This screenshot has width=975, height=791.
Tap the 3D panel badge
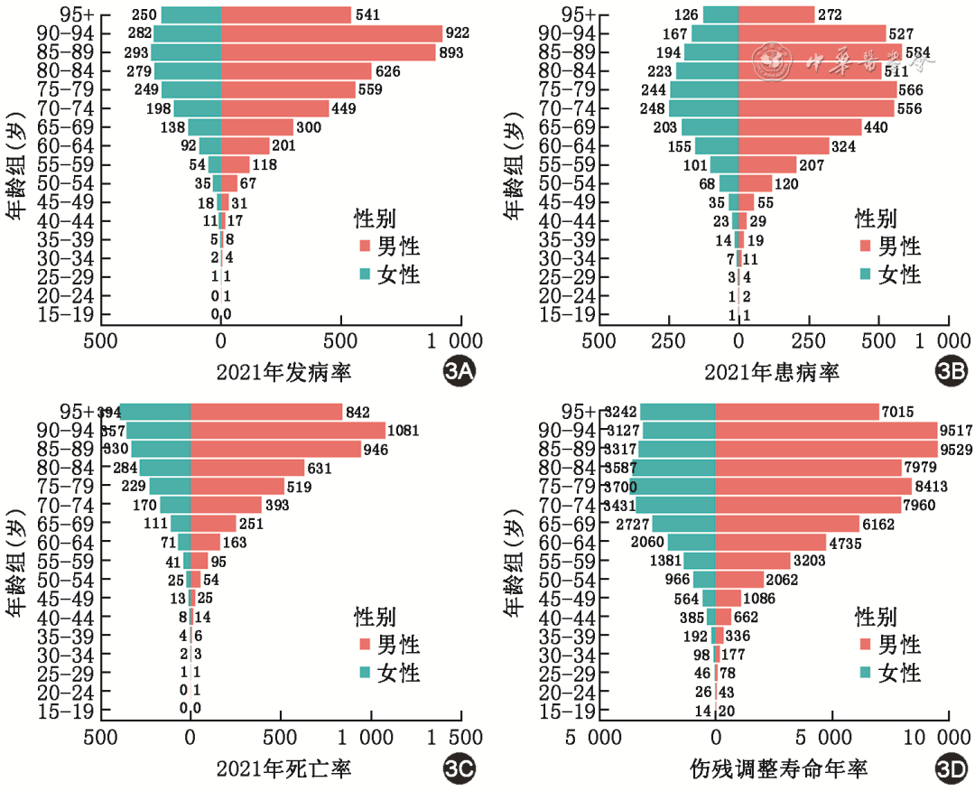(x=951, y=769)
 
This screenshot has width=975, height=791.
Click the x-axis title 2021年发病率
(x=283, y=372)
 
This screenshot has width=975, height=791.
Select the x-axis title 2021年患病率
(x=772, y=372)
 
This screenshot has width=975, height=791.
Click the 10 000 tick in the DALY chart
(x=947, y=737)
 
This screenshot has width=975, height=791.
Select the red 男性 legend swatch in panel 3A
(x=365, y=247)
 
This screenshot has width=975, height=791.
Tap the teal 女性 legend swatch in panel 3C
(x=365, y=673)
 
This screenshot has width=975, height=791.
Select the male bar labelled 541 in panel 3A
(x=285, y=14)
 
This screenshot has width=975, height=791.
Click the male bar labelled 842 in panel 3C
(x=266, y=412)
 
